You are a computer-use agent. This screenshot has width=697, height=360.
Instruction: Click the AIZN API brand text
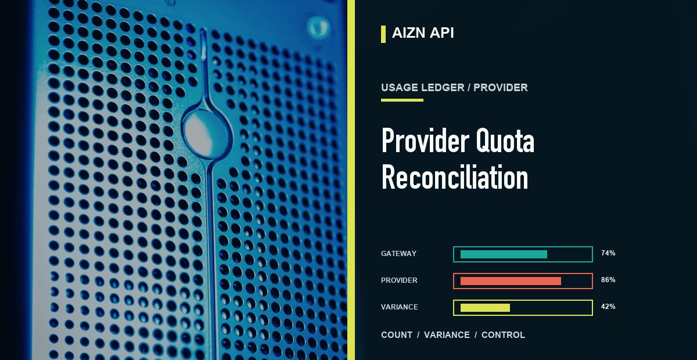(423, 33)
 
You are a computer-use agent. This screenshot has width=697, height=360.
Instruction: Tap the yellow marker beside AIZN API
(383, 34)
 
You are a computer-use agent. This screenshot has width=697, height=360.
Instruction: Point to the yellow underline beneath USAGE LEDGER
(402, 100)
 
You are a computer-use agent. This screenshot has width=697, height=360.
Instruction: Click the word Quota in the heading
(505, 141)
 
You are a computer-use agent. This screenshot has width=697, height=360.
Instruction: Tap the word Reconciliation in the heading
(455, 177)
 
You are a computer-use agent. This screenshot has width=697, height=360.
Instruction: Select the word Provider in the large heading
(425, 140)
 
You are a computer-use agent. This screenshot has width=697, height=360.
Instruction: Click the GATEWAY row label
(398, 254)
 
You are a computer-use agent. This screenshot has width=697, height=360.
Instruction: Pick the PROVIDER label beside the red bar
(399, 280)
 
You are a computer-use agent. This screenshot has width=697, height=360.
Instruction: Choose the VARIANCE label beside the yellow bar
(400, 307)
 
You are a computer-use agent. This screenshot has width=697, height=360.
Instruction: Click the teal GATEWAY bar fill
(504, 254)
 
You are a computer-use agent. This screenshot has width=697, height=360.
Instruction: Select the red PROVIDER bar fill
(511, 281)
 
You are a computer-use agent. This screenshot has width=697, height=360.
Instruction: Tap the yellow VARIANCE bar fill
(485, 308)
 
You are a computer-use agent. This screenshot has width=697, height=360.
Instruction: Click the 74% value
(608, 253)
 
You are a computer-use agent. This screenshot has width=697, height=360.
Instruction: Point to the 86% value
(608, 280)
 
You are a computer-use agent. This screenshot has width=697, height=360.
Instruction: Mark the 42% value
(608, 307)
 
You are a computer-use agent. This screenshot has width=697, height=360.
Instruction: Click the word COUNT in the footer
(397, 335)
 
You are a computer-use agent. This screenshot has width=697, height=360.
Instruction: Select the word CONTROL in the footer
(503, 335)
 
